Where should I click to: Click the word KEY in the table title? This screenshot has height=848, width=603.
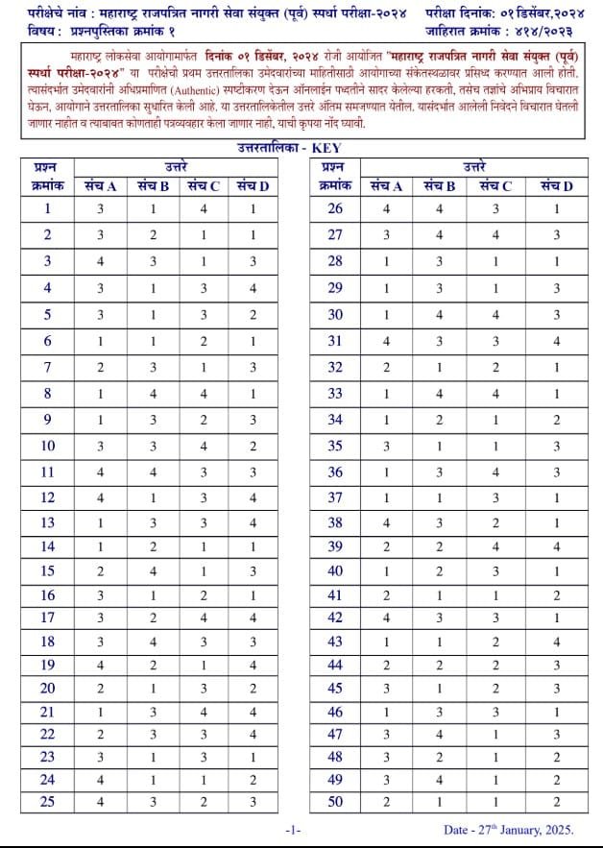pos(326,148)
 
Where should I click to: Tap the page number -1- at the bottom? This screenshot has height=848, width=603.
pos(294,829)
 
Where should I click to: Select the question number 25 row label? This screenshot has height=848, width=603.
pos(48,802)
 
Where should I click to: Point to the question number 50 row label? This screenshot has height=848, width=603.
pos(334,802)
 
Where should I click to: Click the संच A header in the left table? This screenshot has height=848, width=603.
pos(100,185)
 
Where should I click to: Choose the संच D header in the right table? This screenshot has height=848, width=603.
pos(556,185)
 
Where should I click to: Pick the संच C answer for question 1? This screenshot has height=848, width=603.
pos(203,208)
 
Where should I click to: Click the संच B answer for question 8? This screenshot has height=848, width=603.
pos(152,393)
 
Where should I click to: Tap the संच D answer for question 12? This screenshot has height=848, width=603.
pos(253,497)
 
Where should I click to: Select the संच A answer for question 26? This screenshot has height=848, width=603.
pos(386,208)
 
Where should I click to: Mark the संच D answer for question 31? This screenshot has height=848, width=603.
pos(556,340)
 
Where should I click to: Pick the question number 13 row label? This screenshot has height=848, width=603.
pos(48,523)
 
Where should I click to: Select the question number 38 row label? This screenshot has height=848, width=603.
pos(334,523)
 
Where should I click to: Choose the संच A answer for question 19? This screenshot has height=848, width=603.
pos(100,664)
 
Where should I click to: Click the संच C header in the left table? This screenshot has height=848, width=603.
pos(203,185)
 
